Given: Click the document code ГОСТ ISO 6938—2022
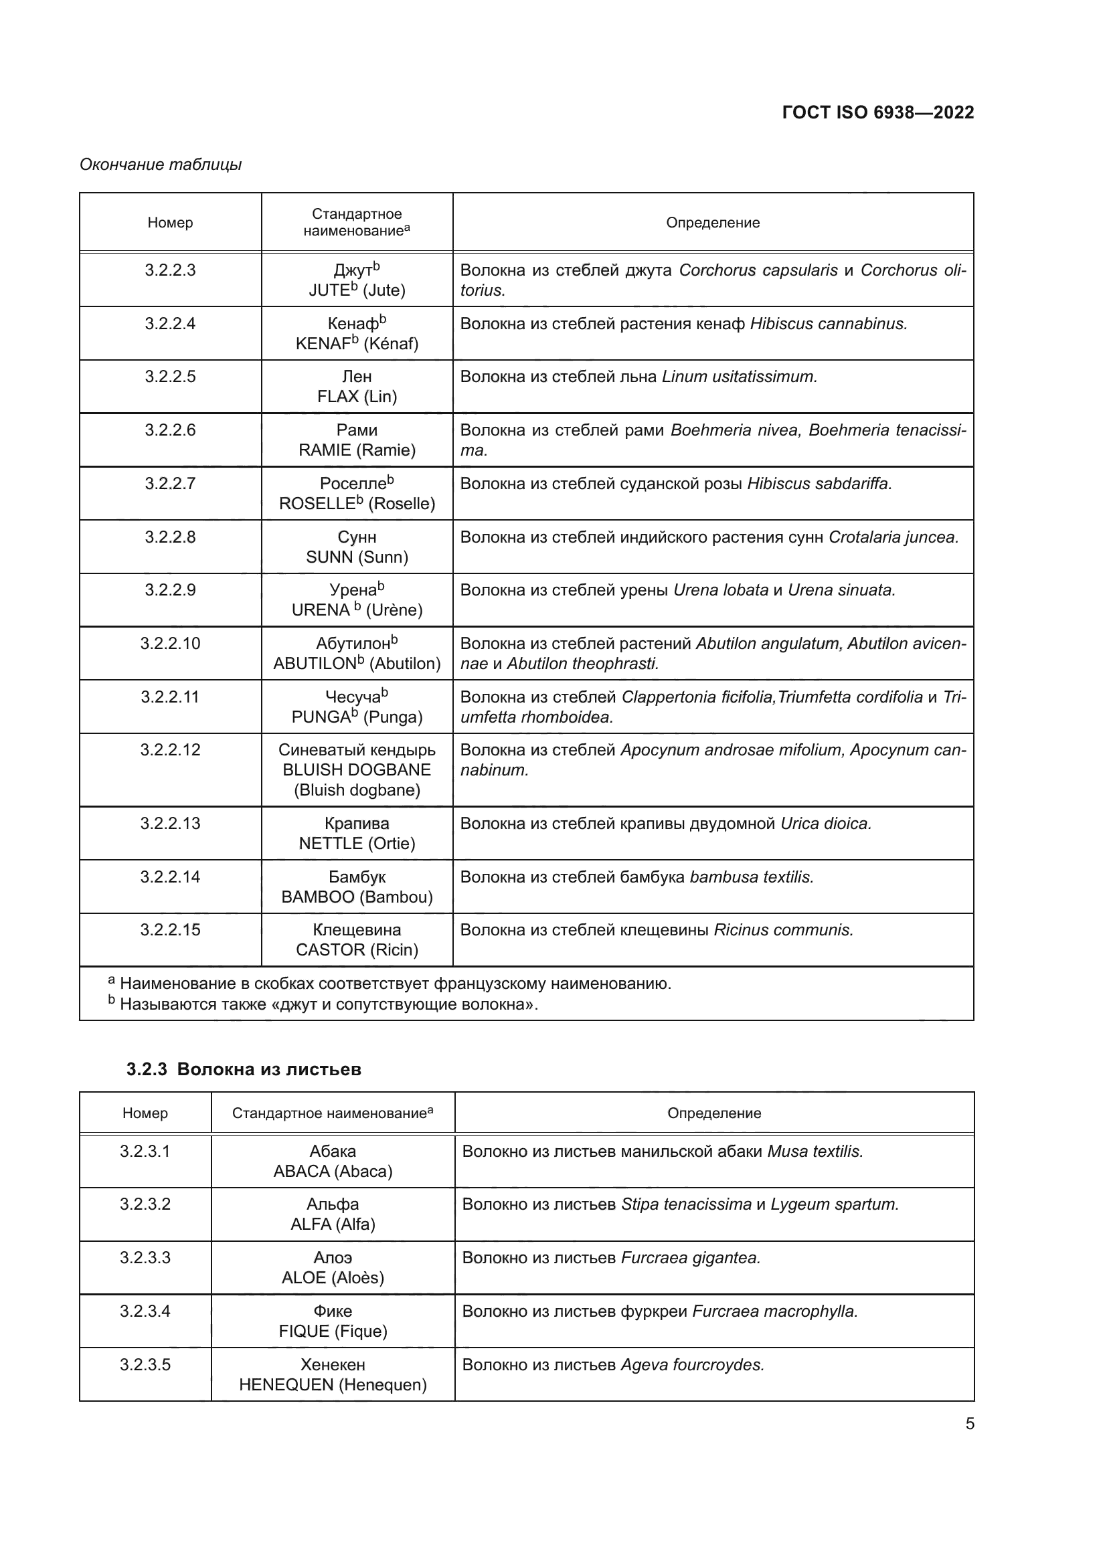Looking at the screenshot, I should tap(877, 112).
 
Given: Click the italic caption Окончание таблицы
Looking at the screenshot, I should tap(160, 165).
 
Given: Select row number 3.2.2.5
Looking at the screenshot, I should tap(170, 376).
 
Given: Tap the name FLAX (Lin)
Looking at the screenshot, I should tap(357, 397).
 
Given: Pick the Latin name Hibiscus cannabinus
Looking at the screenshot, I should tap(828, 324).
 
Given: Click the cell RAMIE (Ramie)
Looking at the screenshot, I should tap(357, 450).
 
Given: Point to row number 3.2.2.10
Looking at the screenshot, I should tap(170, 644).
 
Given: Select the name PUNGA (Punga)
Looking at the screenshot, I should tap(357, 717).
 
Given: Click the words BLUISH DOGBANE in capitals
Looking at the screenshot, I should tap(357, 770).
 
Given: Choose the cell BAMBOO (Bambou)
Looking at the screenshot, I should tap(357, 897).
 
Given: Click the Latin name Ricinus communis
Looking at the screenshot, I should tap(783, 930).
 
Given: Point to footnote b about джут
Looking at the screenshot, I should tap(327, 1004).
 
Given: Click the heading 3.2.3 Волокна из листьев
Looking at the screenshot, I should tap(244, 1069).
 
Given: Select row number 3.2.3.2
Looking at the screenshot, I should tap(145, 1204).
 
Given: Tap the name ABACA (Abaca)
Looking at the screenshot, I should tap(333, 1171).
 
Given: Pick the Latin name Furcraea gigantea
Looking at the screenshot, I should tap(691, 1258).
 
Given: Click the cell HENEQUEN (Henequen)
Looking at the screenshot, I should tap(333, 1384).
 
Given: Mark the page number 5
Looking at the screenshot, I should tap(969, 1423).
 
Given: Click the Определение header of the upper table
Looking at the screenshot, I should tap(712, 223).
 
